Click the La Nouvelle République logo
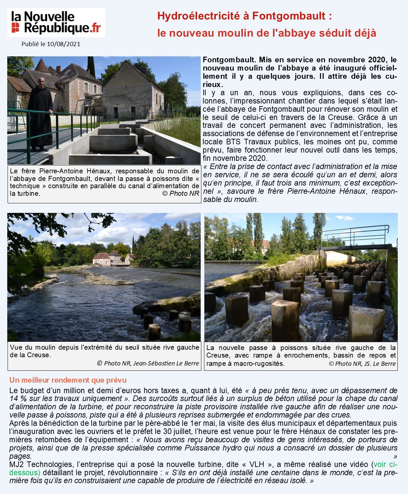tap(56, 22)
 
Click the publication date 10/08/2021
tap(64, 44)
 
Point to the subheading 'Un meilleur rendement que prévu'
tap(68, 380)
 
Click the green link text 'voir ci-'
tap(385, 464)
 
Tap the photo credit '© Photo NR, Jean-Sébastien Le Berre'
tap(148, 363)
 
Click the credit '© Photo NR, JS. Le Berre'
tap(362, 363)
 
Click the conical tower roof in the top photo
tap(42, 65)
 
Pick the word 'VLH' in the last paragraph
tap(257, 464)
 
